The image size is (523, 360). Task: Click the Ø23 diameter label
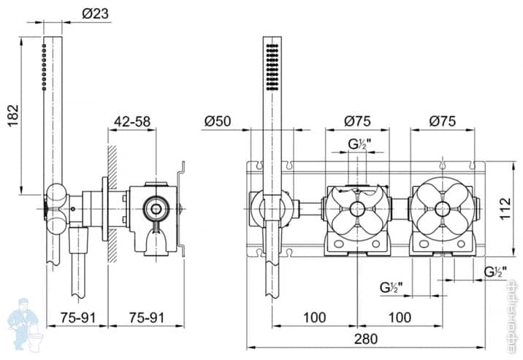point(96,12)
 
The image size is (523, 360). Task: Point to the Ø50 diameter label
point(219,121)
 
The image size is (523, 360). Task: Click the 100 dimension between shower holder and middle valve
point(314,317)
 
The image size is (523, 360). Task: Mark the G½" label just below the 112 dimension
point(495,272)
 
